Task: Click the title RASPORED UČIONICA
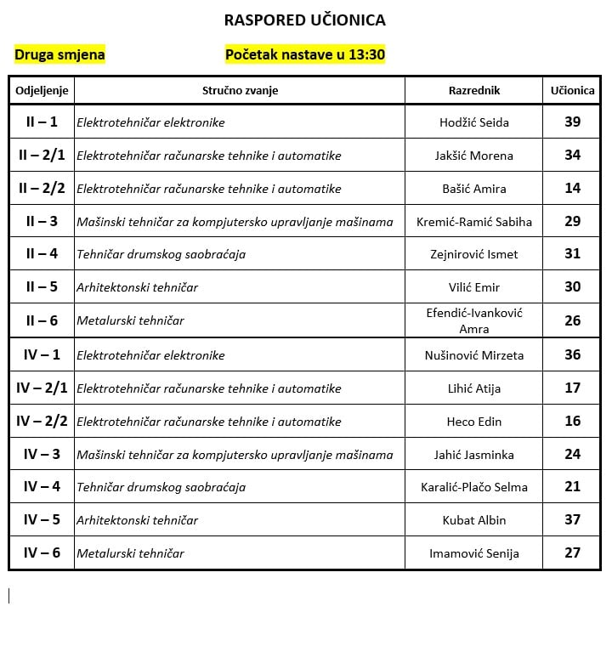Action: click(x=304, y=20)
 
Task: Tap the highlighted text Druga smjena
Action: click(x=59, y=55)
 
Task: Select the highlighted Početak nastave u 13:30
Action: click(x=305, y=55)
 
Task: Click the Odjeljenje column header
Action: click(x=42, y=90)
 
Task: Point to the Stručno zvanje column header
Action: click(x=240, y=90)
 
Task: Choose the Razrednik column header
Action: click(x=474, y=90)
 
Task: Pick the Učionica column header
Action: click(x=573, y=90)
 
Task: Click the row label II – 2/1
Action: click(x=42, y=155)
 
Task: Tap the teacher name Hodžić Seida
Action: click(x=474, y=122)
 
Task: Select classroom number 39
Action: click(x=573, y=122)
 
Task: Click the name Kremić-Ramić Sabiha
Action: click(x=474, y=222)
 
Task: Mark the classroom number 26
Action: click(x=573, y=320)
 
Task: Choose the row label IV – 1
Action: click(x=42, y=354)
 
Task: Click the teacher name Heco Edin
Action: click(x=474, y=422)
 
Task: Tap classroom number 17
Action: click(x=573, y=388)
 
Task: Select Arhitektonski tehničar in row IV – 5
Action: click(x=137, y=520)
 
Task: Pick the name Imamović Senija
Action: click(x=474, y=553)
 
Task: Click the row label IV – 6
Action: click(x=42, y=552)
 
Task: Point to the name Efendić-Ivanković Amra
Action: click(x=474, y=320)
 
